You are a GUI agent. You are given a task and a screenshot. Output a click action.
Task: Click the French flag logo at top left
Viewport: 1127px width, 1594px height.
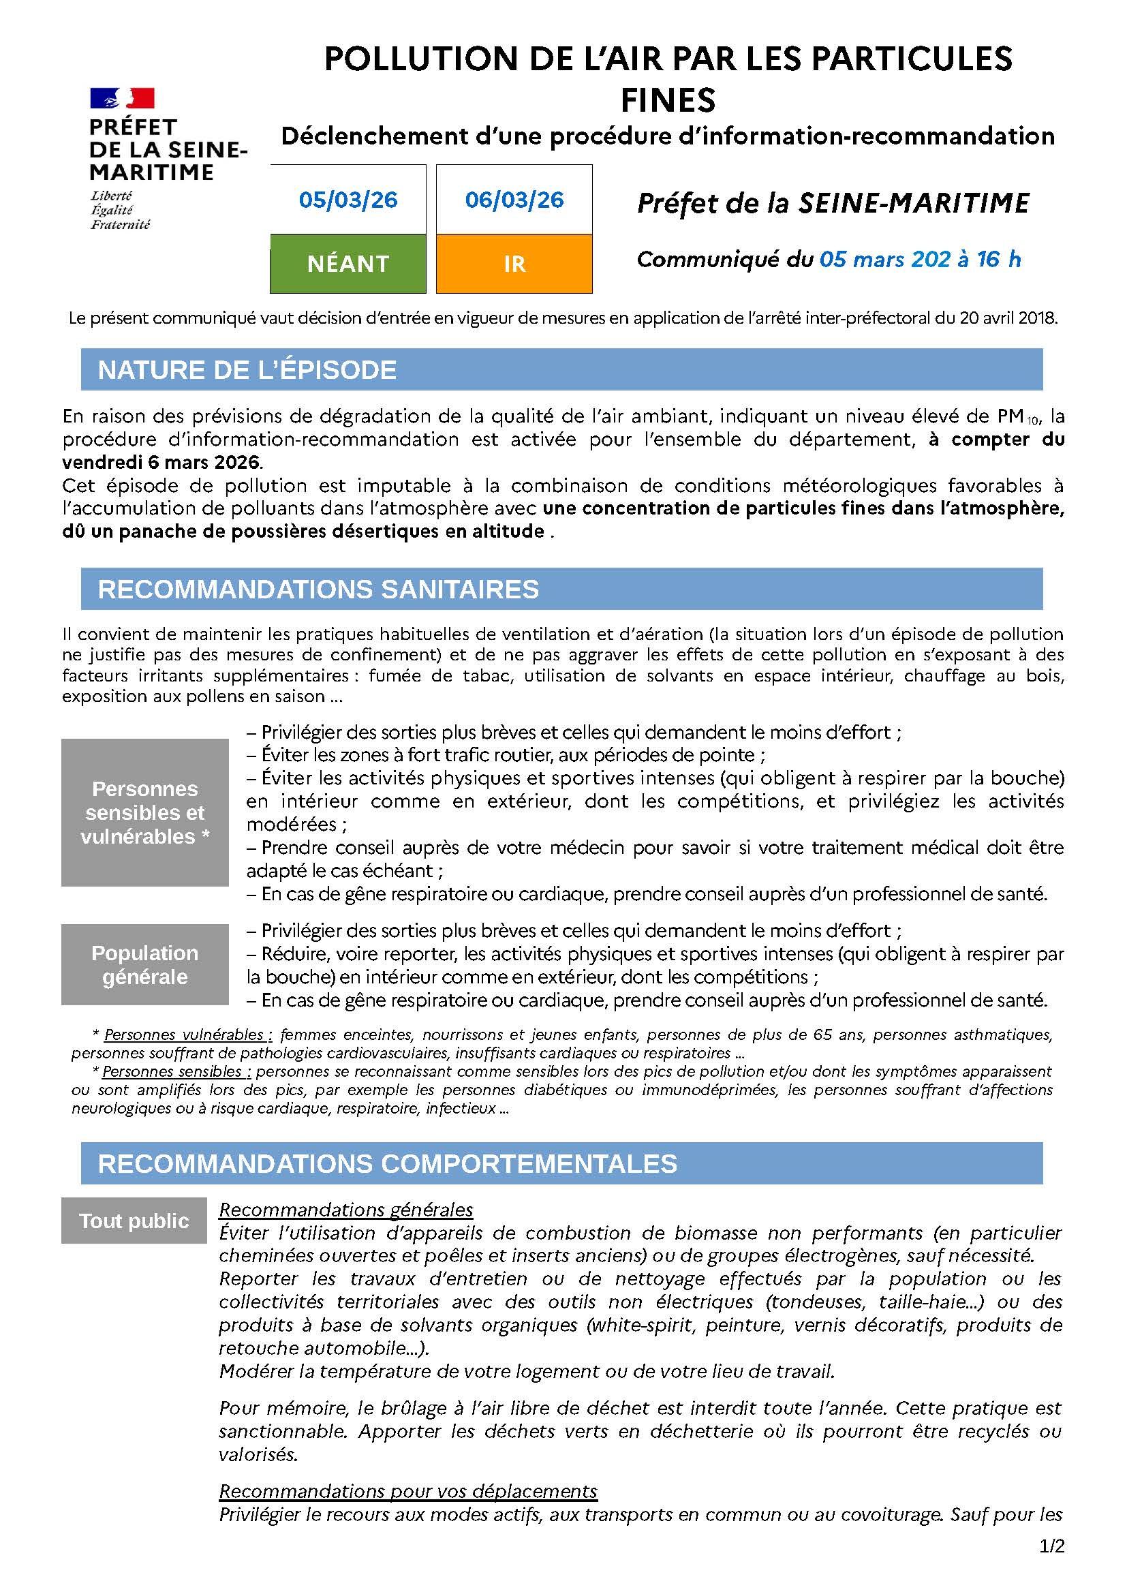pyautogui.click(x=122, y=98)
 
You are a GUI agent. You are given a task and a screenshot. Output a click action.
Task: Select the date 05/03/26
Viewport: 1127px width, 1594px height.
pyautogui.click(x=348, y=200)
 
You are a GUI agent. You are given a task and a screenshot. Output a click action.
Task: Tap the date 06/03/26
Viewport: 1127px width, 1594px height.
pyautogui.click(x=514, y=200)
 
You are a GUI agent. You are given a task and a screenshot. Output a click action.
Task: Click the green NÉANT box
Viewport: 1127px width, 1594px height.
pyautogui.click(x=348, y=264)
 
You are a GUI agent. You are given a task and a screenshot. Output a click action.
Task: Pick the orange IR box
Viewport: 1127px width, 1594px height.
pyautogui.click(x=514, y=264)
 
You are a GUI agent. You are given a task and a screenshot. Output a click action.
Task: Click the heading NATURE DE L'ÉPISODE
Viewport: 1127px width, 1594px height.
pyautogui.click(x=247, y=370)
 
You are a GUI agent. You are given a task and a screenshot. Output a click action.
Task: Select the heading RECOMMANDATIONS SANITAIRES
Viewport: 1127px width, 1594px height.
pyautogui.click(x=318, y=589)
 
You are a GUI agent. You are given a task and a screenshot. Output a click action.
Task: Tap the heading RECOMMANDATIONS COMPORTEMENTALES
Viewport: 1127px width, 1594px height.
pyautogui.click(x=387, y=1163)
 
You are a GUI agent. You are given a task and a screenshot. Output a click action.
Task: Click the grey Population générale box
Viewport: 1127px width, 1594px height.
pyautogui.click(x=144, y=964)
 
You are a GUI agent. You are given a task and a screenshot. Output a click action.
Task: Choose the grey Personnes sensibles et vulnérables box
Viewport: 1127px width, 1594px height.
pyautogui.click(x=144, y=812)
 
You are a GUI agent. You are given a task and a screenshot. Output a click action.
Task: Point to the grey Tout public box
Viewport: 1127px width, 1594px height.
pyautogui.click(x=134, y=1221)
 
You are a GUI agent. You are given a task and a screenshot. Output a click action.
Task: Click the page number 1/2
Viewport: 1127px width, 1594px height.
pyautogui.click(x=1051, y=1565)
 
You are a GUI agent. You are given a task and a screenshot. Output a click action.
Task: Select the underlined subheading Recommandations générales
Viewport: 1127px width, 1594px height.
pyautogui.click(x=345, y=1210)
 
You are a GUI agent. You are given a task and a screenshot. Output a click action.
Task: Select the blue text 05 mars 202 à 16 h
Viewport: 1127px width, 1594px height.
pyautogui.click(x=920, y=260)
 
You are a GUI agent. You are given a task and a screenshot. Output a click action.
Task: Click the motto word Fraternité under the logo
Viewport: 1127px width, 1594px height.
pyautogui.click(x=120, y=225)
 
